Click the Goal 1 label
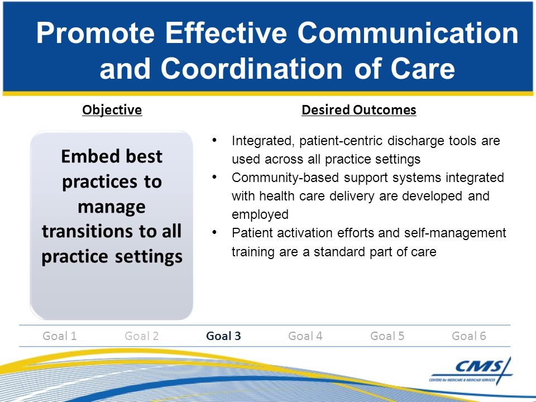60,336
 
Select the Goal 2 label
141,336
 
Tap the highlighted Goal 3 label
223,336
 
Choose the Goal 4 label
305,336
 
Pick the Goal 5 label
387,336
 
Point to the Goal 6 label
469,336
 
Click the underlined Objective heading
112,110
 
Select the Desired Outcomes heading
359,110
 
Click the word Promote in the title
95,33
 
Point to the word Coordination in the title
252,68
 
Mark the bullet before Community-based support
214,177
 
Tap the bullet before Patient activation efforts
214,232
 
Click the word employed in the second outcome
260,215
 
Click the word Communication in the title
408,33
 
